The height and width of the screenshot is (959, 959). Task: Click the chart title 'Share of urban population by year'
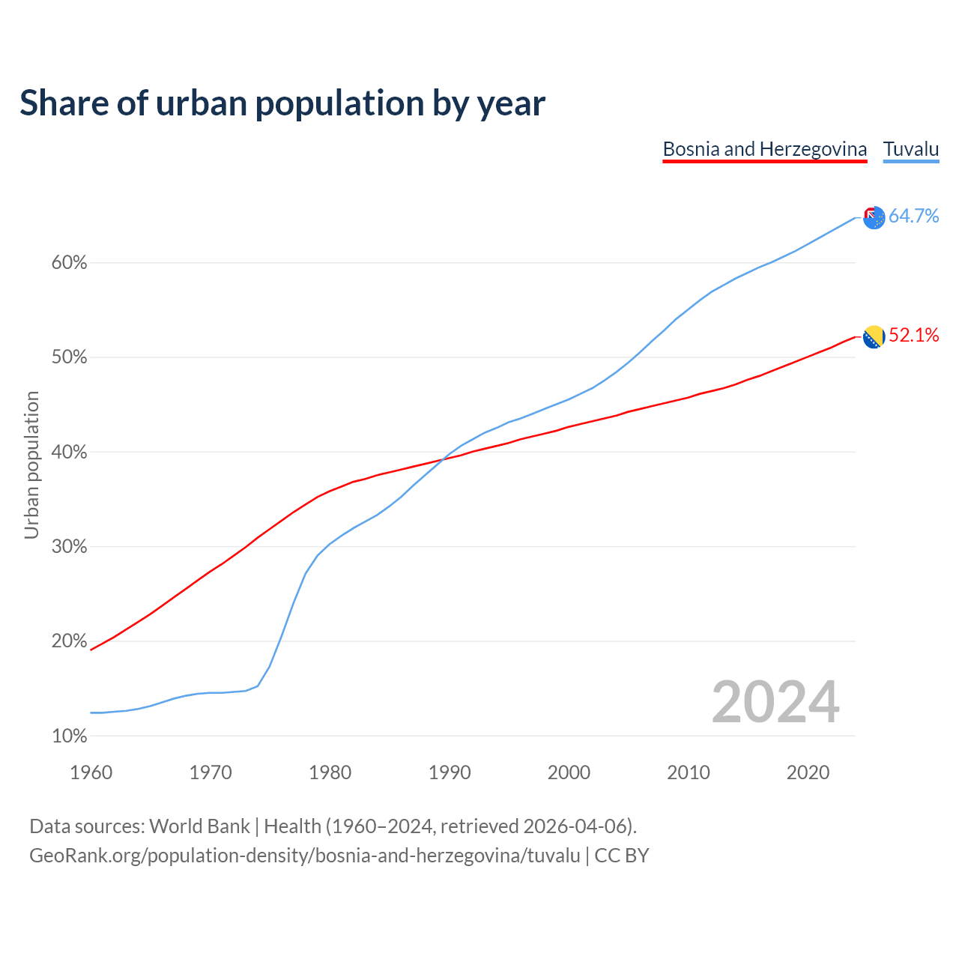click(x=282, y=103)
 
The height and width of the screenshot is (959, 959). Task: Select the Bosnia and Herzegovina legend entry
click(x=765, y=149)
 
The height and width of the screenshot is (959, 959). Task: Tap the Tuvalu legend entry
click(x=911, y=149)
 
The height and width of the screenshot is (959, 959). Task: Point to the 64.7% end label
click(x=913, y=217)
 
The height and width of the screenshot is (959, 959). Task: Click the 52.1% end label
click(x=913, y=336)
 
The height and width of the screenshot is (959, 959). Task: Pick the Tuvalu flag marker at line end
click(x=874, y=218)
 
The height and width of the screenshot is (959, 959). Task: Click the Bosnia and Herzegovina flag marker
click(x=874, y=337)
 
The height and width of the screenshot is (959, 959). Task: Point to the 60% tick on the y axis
click(x=69, y=263)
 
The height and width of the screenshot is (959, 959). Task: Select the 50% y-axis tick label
click(x=69, y=357)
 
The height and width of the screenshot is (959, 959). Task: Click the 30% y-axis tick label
click(x=69, y=547)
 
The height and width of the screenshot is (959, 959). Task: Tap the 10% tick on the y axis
click(x=69, y=736)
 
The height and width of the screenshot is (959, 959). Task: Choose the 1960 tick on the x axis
click(x=91, y=772)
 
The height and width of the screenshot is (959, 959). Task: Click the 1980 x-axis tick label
click(x=330, y=772)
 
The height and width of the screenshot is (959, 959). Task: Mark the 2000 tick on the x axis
click(x=569, y=772)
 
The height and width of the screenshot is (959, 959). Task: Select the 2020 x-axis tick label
click(x=808, y=772)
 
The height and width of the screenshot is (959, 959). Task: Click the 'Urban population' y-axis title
click(x=31, y=465)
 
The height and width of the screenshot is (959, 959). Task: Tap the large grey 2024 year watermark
click(x=775, y=703)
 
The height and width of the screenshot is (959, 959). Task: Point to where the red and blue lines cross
click(x=444, y=459)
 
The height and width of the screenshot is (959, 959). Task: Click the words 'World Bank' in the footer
click(x=199, y=826)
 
